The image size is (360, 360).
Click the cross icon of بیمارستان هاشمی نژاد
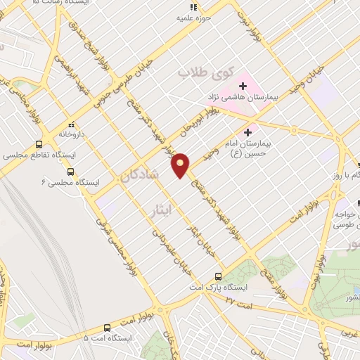point(243,86)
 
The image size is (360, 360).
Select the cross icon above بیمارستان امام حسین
point(247,131)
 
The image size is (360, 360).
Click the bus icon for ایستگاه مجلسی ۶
point(70,171)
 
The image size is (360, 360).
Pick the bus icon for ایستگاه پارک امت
point(218,276)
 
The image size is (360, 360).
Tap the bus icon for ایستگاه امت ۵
point(107,327)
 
